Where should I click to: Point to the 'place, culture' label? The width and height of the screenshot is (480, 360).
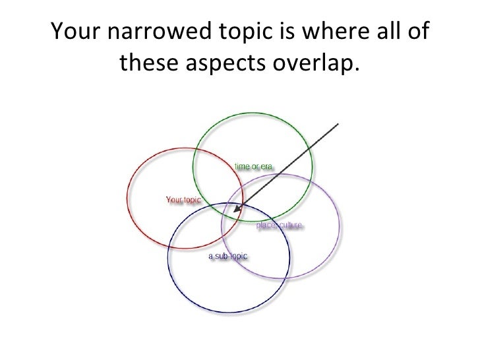click(x=279, y=225)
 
